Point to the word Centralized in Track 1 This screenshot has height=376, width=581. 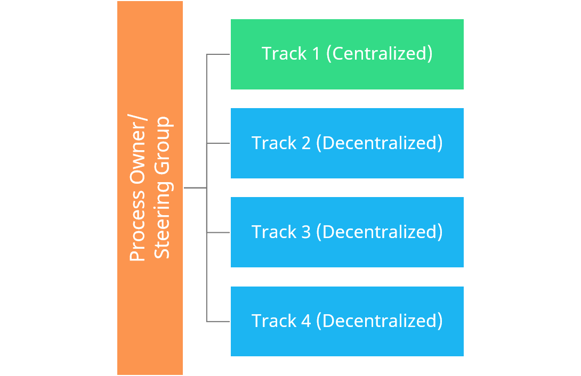(379, 54)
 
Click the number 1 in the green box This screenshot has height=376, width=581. (316, 54)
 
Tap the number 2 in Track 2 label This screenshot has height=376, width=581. (305, 143)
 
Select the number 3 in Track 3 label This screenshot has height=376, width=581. (305, 232)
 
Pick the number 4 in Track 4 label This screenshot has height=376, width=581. (305, 321)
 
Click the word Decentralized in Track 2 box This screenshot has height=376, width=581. (382, 143)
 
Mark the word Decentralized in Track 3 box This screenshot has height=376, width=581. (382, 232)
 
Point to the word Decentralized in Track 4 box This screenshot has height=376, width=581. (382, 321)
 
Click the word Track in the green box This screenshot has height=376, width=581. (284, 54)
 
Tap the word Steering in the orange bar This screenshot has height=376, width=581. (162, 227)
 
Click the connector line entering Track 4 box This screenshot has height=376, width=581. (219, 321)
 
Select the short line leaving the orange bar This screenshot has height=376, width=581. (195, 187)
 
